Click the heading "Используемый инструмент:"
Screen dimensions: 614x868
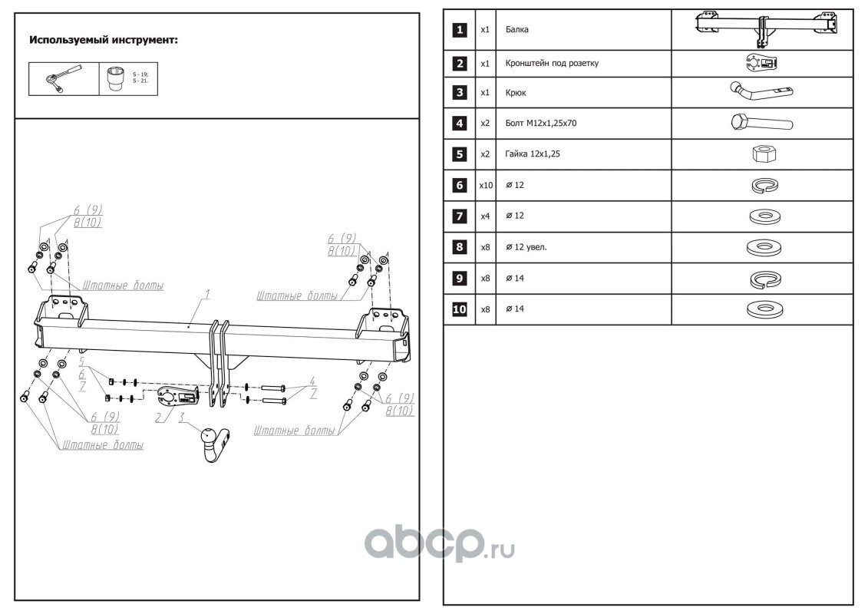[x=103, y=40]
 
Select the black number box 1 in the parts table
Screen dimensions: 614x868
[x=459, y=30]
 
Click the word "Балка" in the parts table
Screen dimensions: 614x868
[x=517, y=30]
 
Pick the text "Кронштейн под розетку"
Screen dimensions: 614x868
[x=552, y=64]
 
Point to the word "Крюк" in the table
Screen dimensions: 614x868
[x=517, y=92]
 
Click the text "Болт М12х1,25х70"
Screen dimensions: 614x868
[x=541, y=123]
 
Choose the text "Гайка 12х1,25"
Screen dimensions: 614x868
[x=533, y=154]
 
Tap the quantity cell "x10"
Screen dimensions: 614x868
[x=485, y=186]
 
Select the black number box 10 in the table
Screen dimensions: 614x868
[x=459, y=309]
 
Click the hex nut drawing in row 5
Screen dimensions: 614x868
[x=762, y=153]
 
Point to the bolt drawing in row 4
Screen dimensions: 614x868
[x=762, y=123]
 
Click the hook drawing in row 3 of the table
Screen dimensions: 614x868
[x=760, y=94]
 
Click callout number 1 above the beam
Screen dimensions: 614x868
[x=207, y=294]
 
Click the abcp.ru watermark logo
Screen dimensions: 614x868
[x=438, y=545]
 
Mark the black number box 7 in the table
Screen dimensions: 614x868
[x=459, y=216]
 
